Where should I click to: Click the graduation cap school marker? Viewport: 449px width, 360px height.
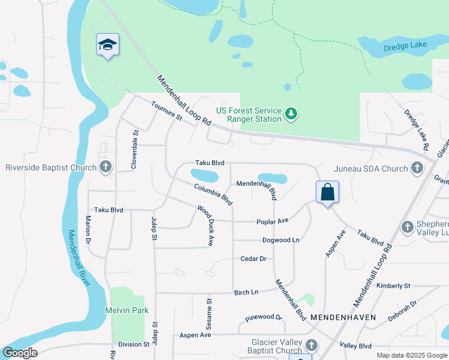coord(107,44)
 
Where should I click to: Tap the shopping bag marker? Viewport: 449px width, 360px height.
coord(327,193)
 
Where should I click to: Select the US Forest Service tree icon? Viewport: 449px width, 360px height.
coord(291,113)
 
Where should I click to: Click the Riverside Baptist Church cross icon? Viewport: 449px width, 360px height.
coord(106,167)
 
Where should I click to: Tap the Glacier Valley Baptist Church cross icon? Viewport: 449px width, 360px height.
coord(311,345)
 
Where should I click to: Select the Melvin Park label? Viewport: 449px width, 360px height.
coord(127,310)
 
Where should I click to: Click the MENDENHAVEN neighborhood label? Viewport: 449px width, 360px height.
coord(343,317)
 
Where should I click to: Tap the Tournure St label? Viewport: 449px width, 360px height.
coord(166,112)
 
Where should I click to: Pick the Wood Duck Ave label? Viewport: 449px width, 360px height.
coord(206,225)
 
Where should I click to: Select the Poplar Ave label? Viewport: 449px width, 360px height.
coord(273,221)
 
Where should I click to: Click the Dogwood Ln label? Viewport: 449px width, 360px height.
coord(280,240)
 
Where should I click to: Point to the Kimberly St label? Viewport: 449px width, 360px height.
coord(393,286)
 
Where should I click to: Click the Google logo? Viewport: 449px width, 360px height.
coord(20,353)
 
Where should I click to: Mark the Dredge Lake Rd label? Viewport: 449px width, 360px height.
coord(416,129)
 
